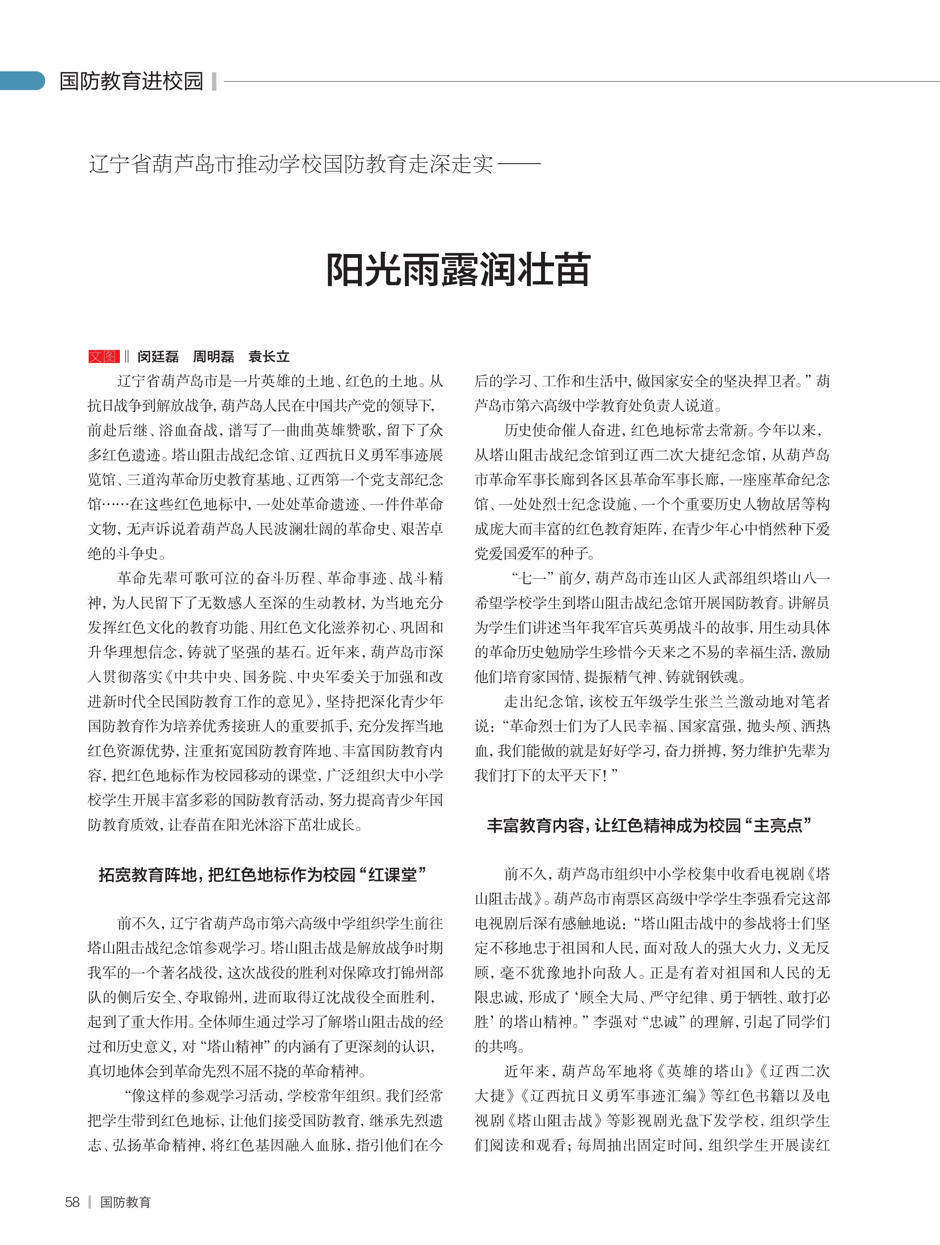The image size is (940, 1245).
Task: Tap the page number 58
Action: (x=72, y=1202)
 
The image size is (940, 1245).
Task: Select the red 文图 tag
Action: (x=104, y=356)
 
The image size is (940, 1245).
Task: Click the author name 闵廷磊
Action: (x=158, y=356)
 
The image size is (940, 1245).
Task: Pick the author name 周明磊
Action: (x=214, y=356)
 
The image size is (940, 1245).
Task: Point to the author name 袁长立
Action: (x=269, y=356)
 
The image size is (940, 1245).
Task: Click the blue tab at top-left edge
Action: (x=21, y=81)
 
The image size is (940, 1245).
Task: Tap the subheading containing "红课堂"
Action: (x=262, y=874)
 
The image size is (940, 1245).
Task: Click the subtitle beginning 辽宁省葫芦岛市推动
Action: (x=291, y=164)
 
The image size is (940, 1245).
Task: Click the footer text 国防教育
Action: (x=125, y=1202)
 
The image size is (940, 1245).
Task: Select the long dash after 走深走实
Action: (x=519, y=164)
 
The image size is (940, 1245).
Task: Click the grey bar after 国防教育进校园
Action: (x=214, y=81)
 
